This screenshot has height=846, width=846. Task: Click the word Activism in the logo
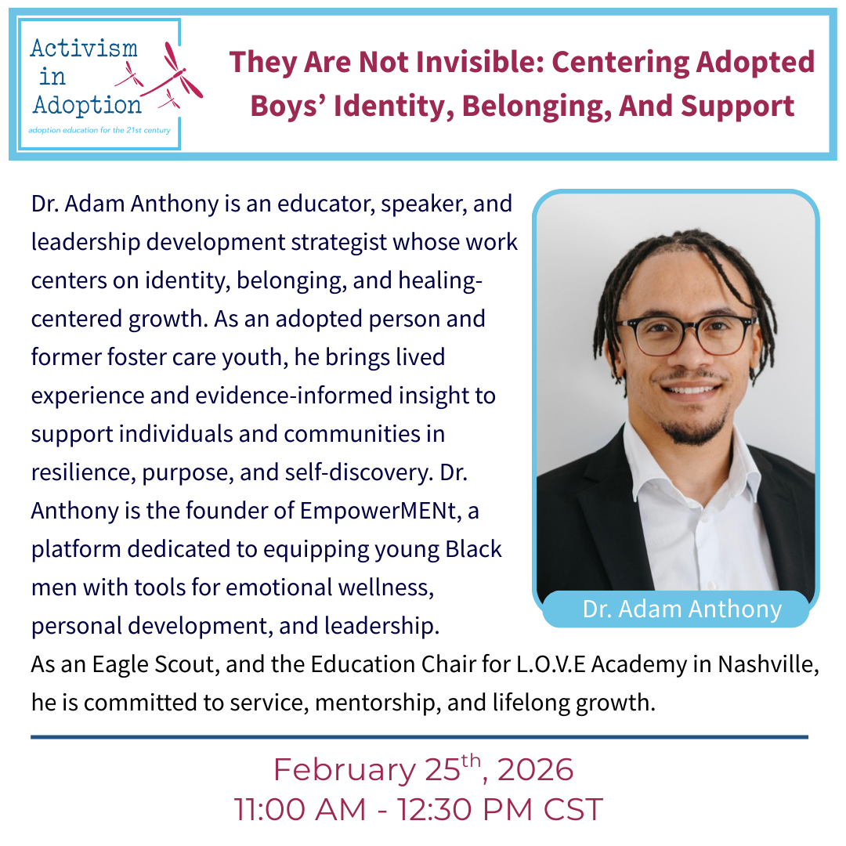pos(84,49)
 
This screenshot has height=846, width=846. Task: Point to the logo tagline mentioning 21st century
pos(99,130)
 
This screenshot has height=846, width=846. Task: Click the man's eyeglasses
pos(685,335)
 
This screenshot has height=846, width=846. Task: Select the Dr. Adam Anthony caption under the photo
pos(681,609)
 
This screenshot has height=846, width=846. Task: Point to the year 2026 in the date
pos(536,770)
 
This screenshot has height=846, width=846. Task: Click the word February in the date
pos(344,770)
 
